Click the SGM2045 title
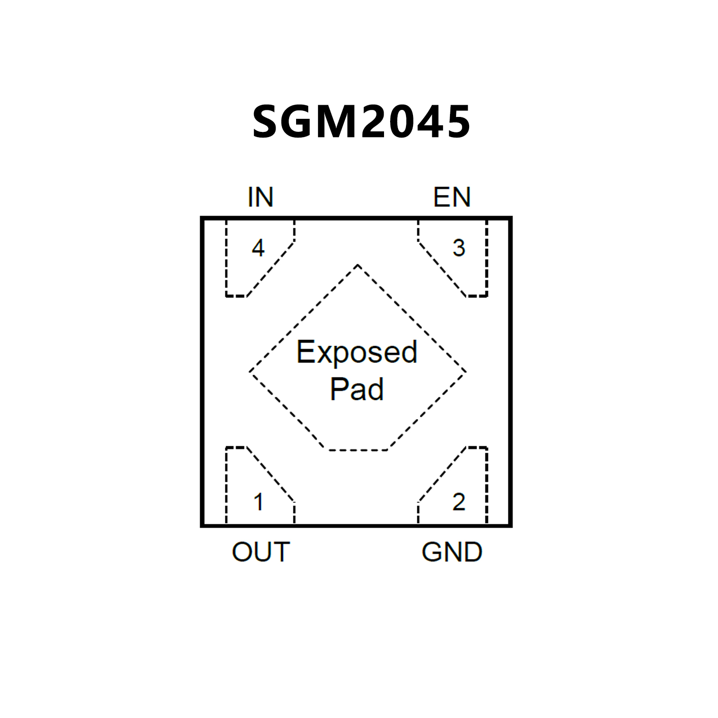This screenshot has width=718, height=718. pos(361,122)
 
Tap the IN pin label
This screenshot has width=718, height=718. pos(260,197)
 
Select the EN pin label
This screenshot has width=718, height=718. pos(451,197)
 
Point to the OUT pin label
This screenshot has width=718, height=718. pos(261,552)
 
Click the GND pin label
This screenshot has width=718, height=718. pos(451,552)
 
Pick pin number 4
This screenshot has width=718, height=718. pos(258,247)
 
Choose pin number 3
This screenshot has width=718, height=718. pos(458,248)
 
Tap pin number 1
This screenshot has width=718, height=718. pos(258,502)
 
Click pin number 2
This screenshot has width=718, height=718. pos(458,502)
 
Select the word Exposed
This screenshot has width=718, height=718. pos(356,352)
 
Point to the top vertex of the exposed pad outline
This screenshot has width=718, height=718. pos(357,265)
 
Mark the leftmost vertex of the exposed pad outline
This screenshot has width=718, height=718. pos(250,372)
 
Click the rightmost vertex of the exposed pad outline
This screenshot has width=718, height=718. pos(465,372)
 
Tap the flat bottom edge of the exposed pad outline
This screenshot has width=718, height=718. pos(358,450)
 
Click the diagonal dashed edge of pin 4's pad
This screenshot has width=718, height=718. pos(270,269)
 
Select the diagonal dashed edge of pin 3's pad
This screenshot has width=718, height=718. pos(442,269)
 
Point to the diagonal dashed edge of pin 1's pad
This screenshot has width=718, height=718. pos(270,475)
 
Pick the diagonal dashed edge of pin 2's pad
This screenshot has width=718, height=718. pos(442,475)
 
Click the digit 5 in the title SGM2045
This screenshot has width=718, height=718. pos(457,122)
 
